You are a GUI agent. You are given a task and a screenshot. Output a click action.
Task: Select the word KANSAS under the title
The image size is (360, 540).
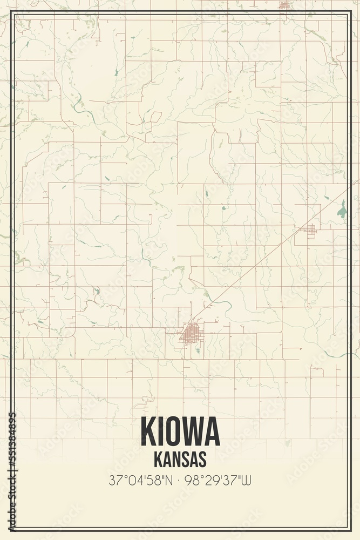click(x=180, y=459)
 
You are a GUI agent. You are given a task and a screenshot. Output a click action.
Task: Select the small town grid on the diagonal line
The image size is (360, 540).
click(x=309, y=231)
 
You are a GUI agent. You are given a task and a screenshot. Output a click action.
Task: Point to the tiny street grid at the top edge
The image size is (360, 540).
click(x=284, y=5)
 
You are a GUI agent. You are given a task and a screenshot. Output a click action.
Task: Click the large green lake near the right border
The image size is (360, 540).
click(x=341, y=209)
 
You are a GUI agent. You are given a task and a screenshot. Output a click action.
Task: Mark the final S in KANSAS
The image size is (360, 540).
click(x=202, y=459)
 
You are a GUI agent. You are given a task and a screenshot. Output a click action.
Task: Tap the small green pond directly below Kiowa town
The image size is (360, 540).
click(x=198, y=350)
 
